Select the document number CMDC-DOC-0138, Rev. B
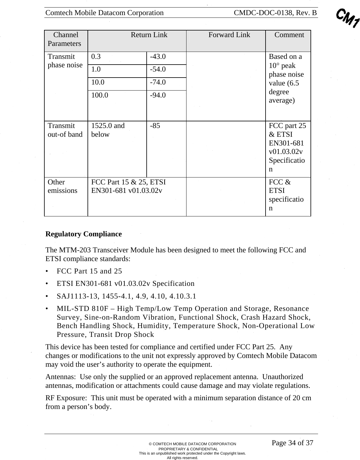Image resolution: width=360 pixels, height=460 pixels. click(x=275, y=13)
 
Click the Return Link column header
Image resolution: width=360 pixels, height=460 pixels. click(x=149, y=35)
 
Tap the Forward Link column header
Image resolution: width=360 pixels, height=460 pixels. click(x=229, y=35)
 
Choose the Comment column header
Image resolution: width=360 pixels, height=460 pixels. click(x=289, y=35)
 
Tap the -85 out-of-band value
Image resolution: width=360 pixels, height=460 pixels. click(x=155, y=126)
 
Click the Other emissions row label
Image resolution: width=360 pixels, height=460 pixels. click(x=62, y=187)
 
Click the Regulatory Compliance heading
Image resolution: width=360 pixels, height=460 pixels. click(x=84, y=234)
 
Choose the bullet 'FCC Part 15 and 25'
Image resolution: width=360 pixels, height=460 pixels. click(x=89, y=271)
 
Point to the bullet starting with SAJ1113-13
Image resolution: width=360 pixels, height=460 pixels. click(x=126, y=296)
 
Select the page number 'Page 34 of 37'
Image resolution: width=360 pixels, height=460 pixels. click(x=292, y=443)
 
